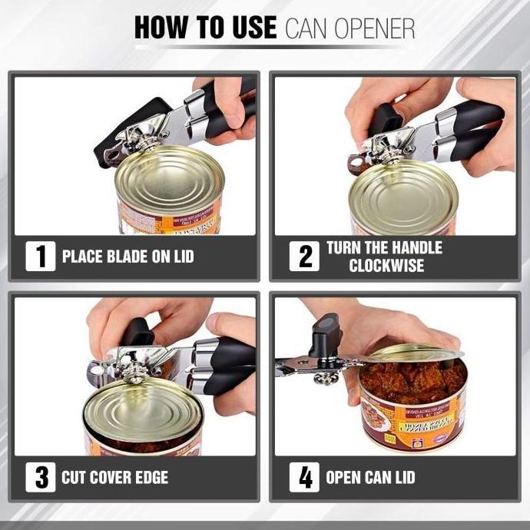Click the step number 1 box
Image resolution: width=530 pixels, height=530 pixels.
pyautogui.click(x=40, y=256)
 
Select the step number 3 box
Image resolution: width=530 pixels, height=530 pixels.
pyautogui.click(x=40, y=477)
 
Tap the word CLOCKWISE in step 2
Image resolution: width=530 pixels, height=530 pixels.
pyautogui.click(x=386, y=266)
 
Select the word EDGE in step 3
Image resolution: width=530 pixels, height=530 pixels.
pyautogui.click(x=151, y=478)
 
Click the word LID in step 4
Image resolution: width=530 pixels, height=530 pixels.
pyautogui.click(x=402, y=478)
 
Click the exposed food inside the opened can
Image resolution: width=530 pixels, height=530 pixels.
pyautogui.click(x=415, y=379)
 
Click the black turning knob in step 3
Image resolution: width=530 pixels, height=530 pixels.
pyautogui.click(x=138, y=333)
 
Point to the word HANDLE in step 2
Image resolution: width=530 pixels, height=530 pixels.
pyautogui.click(x=415, y=247)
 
